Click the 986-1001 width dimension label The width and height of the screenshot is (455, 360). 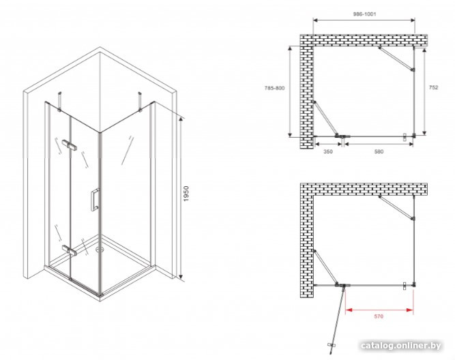(x=364, y=14)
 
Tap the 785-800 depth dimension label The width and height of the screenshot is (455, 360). (x=274, y=88)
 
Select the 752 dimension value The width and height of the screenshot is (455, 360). (x=433, y=87)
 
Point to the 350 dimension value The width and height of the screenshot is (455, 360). (x=328, y=151)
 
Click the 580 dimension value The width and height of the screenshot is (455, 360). (x=379, y=151)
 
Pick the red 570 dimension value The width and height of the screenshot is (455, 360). (x=379, y=316)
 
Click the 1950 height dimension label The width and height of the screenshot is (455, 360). (x=186, y=194)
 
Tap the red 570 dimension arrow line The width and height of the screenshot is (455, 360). (x=379, y=310)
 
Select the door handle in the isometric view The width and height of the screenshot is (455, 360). (x=95, y=200)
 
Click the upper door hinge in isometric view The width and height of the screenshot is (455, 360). (x=69, y=144)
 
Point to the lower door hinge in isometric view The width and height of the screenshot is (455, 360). (x=69, y=250)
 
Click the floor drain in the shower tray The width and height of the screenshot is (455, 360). (x=100, y=249)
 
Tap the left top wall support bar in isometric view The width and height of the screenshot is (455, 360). (x=60, y=102)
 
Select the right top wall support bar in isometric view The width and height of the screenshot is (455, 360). (x=140, y=102)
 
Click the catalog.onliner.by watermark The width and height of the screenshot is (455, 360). (x=401, y=346)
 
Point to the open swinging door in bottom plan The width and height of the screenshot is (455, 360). (x=338, y=318)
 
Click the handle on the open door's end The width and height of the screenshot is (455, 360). (x=332, y=345)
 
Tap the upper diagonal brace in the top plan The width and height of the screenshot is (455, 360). (x=396, y=59)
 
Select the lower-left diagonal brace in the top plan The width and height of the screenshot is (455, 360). (x=325, y=119)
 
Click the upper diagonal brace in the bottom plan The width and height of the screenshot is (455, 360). (x=396, y=207)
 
